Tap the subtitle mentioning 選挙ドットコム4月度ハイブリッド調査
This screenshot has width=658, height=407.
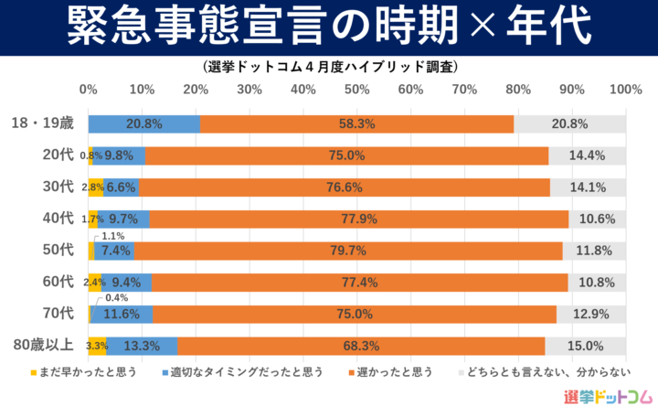328,67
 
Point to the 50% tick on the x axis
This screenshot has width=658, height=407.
356,90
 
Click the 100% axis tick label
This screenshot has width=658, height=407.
625,90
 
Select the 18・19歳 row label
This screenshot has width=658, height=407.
43,123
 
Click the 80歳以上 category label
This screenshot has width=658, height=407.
43,346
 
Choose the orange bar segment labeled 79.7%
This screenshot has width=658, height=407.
349,251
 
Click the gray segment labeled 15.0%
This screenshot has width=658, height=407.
585,346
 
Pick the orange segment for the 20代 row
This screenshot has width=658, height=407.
347,155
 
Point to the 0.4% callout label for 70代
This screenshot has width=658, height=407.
117,298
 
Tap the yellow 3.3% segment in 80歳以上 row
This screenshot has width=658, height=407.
96,346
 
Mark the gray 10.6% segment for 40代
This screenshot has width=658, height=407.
598,219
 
